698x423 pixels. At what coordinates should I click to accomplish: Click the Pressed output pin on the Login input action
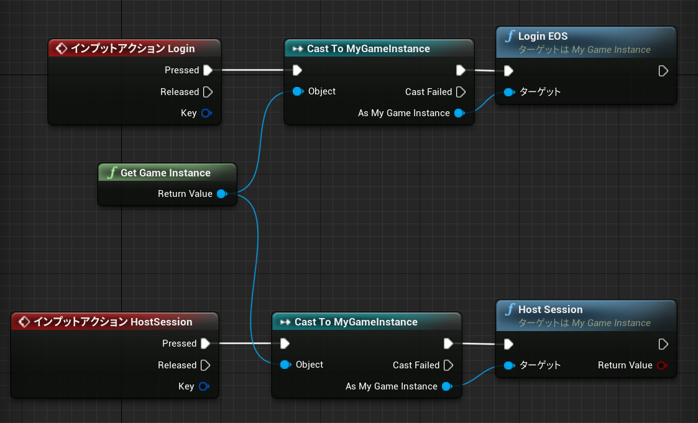point(208,70)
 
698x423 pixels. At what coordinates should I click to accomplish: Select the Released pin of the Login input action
point(208,92)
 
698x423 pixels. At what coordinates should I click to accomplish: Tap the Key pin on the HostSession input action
point(204,386)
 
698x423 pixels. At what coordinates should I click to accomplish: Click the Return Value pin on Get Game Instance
point(222,194)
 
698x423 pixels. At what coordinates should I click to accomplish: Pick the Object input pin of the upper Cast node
point(298,92)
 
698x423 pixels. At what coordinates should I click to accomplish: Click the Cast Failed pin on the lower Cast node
point(449,365)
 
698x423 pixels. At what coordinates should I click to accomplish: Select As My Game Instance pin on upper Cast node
point(459,114)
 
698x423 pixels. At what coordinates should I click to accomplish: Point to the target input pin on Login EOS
point(509,92)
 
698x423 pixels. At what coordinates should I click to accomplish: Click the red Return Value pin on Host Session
point(663,366)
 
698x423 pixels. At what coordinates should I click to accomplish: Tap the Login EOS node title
point(543,36)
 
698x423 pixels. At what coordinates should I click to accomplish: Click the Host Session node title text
point(550,309)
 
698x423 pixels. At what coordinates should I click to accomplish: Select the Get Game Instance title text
point(165,173)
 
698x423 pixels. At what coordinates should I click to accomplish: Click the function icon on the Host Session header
point(510,309)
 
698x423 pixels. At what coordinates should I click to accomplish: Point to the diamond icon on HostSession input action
point(24,322)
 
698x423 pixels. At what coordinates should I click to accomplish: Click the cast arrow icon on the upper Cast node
point(298,48)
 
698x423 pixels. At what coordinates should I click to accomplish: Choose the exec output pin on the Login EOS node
point(663,71)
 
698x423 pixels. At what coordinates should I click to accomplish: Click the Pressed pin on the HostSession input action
point(205,343)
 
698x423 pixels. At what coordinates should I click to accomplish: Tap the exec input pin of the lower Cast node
point(285,343)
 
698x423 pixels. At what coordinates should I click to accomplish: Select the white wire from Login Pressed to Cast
point(252,70)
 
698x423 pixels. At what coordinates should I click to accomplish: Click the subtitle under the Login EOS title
point(584,50)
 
